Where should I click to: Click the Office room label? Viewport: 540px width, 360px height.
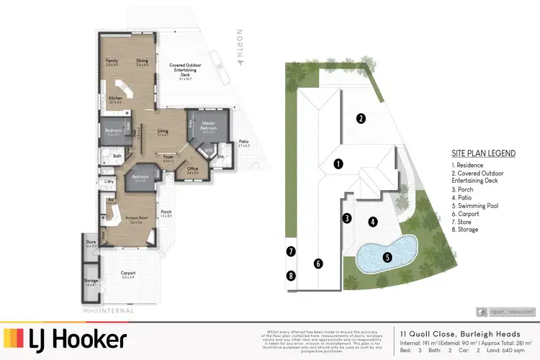click(193, 171)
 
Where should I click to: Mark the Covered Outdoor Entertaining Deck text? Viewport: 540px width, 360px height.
click(185, 69)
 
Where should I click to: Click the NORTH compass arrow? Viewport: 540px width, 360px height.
click(243, 50)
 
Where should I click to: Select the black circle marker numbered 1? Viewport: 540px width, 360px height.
click(338, 163)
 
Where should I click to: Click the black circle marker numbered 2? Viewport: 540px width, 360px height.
click(361, 118)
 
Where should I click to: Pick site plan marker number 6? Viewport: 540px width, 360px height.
click(318, 264)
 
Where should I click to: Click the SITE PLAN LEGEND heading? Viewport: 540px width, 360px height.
click(482, 153)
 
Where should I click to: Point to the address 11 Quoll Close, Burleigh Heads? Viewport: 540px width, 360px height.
click(454, 333)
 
